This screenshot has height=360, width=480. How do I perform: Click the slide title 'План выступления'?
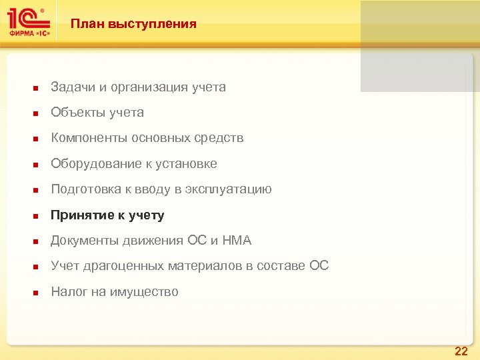pyautogui.click(x=133, y=24)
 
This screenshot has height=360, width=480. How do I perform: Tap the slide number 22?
pyautogui.click(x=461, y=351)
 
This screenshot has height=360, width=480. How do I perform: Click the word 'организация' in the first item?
pyautogui.click(x=141, y=87)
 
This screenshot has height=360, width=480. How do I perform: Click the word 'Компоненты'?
pyautogui.click(x=89, y=138)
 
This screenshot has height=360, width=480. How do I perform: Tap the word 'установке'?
pyautogui.click(x=190, y=164)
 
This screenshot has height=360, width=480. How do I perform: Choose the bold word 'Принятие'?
pyautogui.click(x=81, y=215)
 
